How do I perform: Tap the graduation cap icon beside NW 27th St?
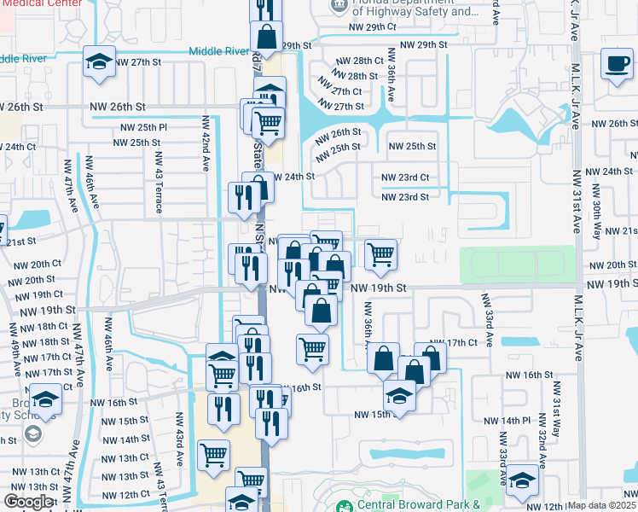coord(99,62)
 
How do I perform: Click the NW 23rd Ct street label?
coord(407,177)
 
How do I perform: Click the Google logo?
coord(28,502)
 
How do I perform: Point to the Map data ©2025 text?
coord(600,505)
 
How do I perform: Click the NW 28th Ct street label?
coord(360,61)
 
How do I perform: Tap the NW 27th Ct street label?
coord(340,91)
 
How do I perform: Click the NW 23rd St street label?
coord(403,197)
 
